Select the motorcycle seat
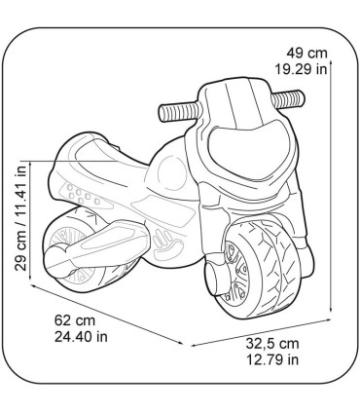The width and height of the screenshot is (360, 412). click(117, 148)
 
